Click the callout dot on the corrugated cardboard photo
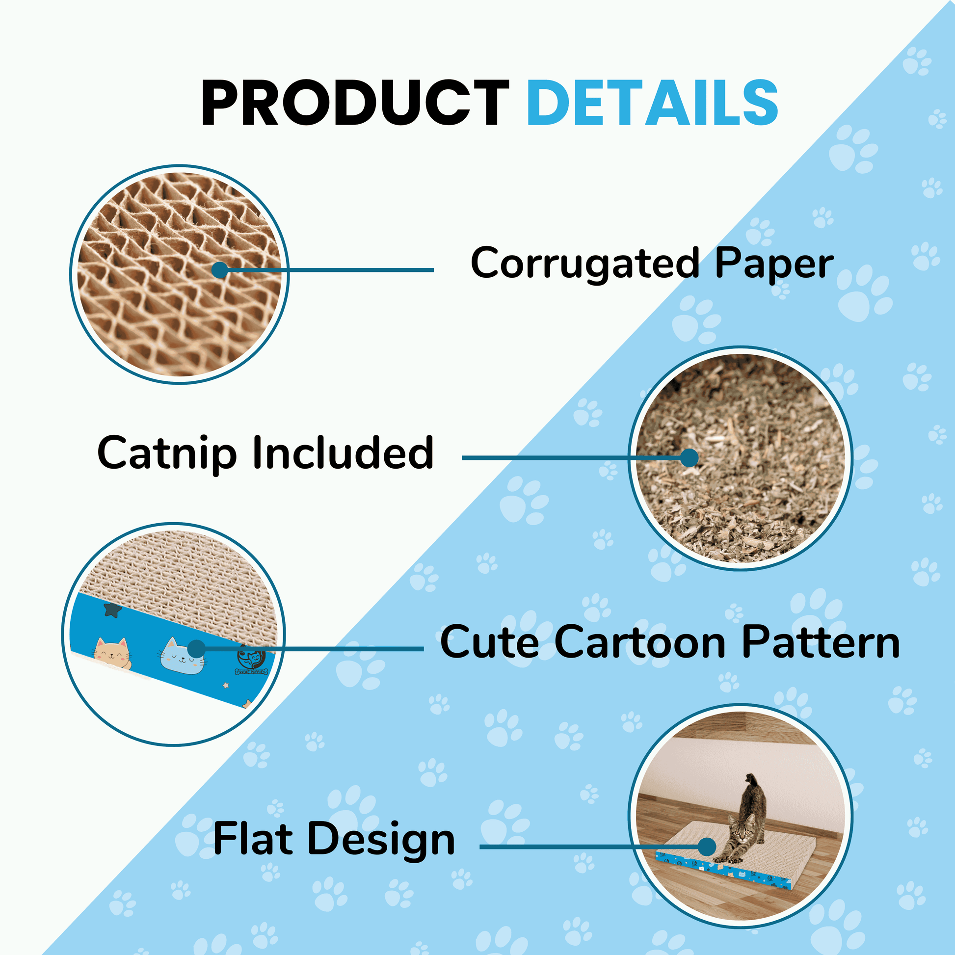(x=219, y=270)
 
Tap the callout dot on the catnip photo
(x=689, y=458)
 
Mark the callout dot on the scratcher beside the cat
(x=707, y=847)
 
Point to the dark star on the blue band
(x=113, y=610)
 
